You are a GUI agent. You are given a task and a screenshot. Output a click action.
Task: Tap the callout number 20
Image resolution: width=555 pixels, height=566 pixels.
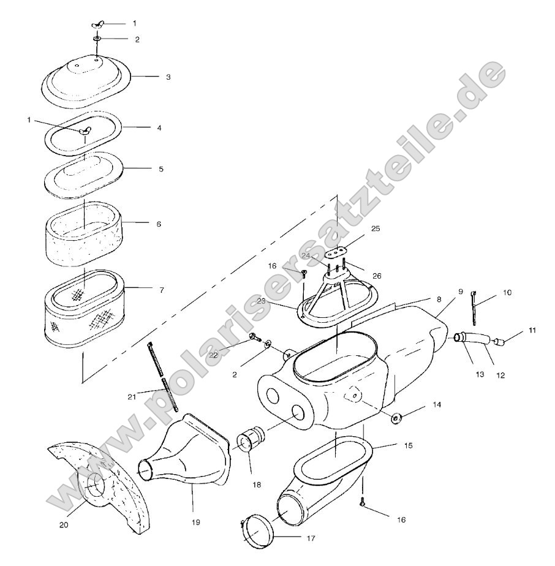coord(64,524)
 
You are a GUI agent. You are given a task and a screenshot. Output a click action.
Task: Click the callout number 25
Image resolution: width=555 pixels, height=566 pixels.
coord(376,228)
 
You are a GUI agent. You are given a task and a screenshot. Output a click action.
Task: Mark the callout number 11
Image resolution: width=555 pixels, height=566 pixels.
coord(532,331)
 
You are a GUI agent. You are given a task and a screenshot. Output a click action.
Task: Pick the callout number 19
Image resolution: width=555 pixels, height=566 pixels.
coord(195,523)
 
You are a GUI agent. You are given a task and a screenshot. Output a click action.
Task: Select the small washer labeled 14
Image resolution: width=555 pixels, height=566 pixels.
coord(396,418)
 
